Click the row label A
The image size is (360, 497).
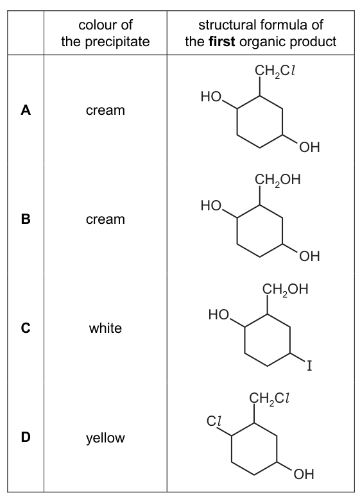[x=26, y=110]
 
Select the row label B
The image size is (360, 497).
[x=26, y=219]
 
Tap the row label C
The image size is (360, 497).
[x=26, y=328]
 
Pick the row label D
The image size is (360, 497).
[x=26, y=437]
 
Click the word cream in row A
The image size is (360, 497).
[x=105, y=110]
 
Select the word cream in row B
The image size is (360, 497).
[x=105, y=219]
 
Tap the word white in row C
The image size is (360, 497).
[x=105, y=328]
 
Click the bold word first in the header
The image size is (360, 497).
[x=222, y=42]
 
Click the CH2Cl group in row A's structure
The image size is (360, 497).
[x=275, y=71]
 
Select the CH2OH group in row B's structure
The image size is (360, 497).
[x=277, y=180]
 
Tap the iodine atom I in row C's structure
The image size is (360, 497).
[x=309, y=366]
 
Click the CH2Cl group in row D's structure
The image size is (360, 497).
[x=270, y=398]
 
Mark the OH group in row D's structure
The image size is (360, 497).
[x=304, y=474]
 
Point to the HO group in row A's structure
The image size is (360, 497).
[x=211, y=96]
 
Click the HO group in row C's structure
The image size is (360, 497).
[x=219, y=315]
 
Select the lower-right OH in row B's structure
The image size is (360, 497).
[x=309, y=256]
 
